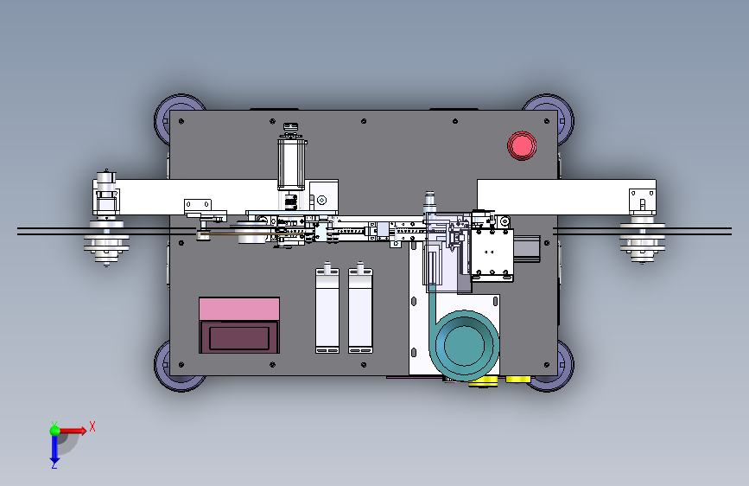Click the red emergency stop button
[522, 145]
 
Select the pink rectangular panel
[239, 309]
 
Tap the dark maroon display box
[239, 337]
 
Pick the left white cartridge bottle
[327, 309]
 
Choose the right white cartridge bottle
[360, 309]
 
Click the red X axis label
[92, 426]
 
